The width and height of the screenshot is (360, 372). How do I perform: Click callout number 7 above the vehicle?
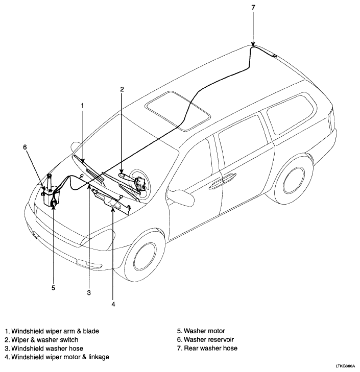[253, 8]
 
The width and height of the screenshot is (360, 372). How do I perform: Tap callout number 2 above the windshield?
[122, 89]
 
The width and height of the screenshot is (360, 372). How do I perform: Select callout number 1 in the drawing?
[83, 106]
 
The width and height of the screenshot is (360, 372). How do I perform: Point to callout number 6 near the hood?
[25, 147]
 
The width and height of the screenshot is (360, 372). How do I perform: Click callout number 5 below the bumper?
[53, 288]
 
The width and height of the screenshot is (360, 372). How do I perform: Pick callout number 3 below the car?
[89, 293]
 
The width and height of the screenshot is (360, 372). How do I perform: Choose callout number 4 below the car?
[113, 304]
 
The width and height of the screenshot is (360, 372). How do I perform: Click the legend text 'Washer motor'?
[204, 331]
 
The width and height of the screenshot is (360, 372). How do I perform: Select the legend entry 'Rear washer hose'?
[210, 349]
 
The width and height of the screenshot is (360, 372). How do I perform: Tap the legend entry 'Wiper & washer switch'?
[45, 340]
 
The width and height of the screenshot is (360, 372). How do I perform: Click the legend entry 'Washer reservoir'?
[209, 339]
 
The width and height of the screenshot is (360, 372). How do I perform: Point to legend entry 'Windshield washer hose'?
[47, 349]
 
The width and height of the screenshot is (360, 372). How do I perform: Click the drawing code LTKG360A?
[345, 365]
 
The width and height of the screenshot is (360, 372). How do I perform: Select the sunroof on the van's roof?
[178, 111]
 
